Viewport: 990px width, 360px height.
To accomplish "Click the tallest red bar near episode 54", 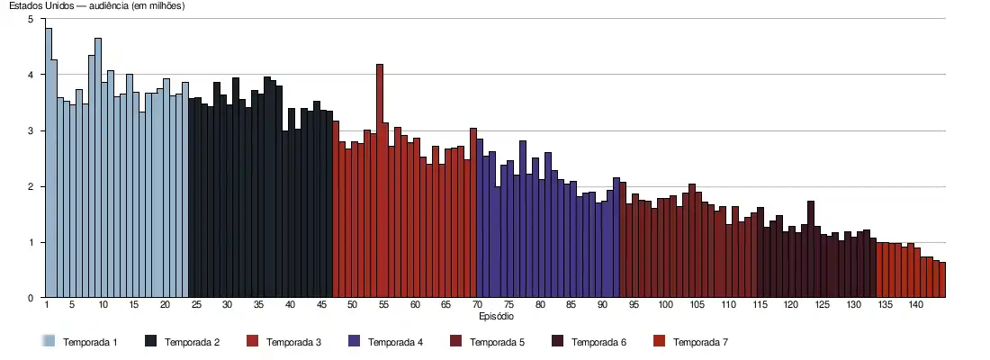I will coord(380,180).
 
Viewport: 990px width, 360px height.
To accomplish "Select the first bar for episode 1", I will coord(48,162).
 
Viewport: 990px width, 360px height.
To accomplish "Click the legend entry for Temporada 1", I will coord(91,342).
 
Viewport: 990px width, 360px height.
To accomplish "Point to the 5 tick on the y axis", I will coord(32,19).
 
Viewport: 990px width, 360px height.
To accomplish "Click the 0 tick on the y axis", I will coord(32,298).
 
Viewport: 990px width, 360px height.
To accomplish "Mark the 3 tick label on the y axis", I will coord(32,130).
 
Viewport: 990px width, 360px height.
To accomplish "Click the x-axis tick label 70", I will coord(478,306).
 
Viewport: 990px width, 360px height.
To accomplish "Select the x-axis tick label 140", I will coord(915,306).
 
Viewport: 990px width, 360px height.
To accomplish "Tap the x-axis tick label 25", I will coord(196,306).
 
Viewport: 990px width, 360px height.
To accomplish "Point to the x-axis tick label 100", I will coord(665,306).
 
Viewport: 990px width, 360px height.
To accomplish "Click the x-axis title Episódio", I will coord(496,317).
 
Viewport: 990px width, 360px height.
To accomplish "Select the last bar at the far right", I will coord(942,280).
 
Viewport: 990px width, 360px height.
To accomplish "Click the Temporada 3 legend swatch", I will coord(252,342).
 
